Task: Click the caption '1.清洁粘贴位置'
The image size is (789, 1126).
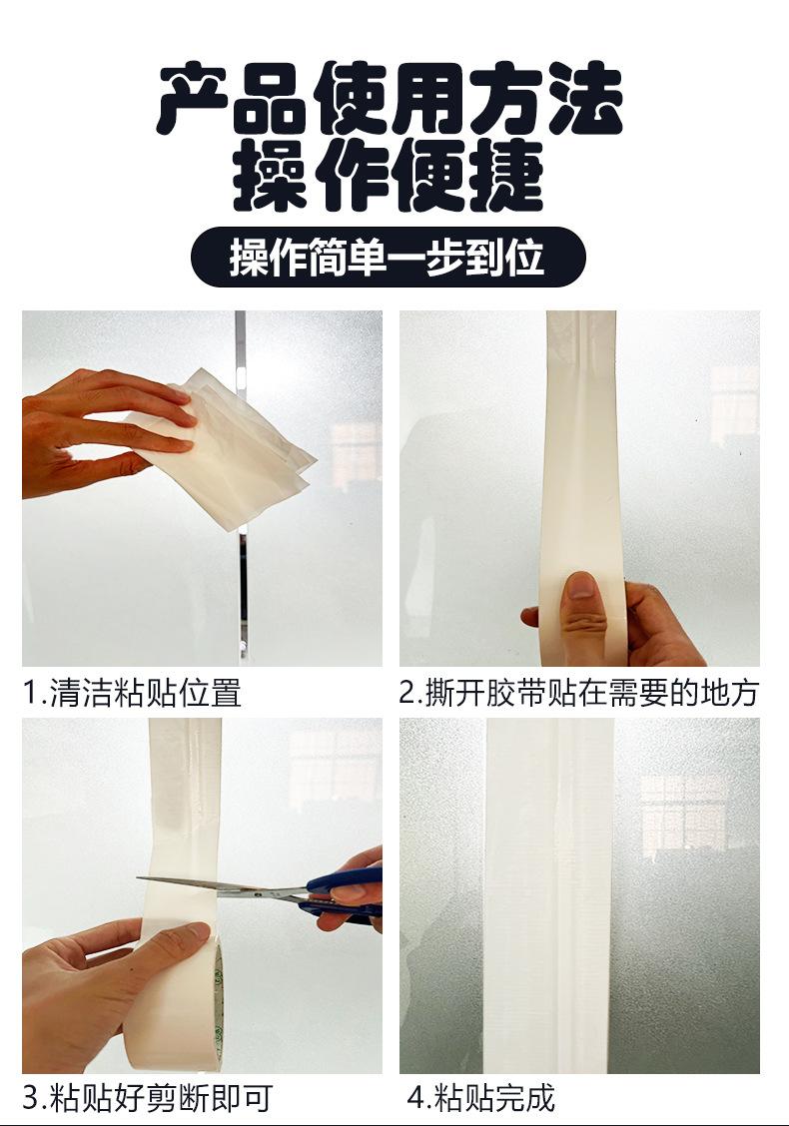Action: (132, 693)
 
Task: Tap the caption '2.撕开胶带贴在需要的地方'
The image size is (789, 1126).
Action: (578, 693)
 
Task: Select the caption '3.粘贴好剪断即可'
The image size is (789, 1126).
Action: (147, 1098)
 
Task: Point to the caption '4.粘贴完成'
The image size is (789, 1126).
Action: (480, 1098)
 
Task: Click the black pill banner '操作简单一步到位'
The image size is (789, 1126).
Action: (389, 258)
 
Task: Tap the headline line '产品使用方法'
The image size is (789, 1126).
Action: (391, 99)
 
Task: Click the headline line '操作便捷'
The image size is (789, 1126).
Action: (389, 176)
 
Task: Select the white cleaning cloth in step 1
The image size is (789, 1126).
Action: (230, 449)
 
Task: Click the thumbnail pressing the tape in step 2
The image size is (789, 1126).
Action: (582, 585)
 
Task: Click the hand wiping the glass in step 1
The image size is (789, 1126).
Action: (101, 431)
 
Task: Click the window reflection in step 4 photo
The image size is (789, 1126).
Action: (683, 816)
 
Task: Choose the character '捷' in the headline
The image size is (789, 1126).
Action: (506, 176)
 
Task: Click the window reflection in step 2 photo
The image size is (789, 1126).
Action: (734, 402)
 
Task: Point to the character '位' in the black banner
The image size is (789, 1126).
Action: (524, 258)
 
